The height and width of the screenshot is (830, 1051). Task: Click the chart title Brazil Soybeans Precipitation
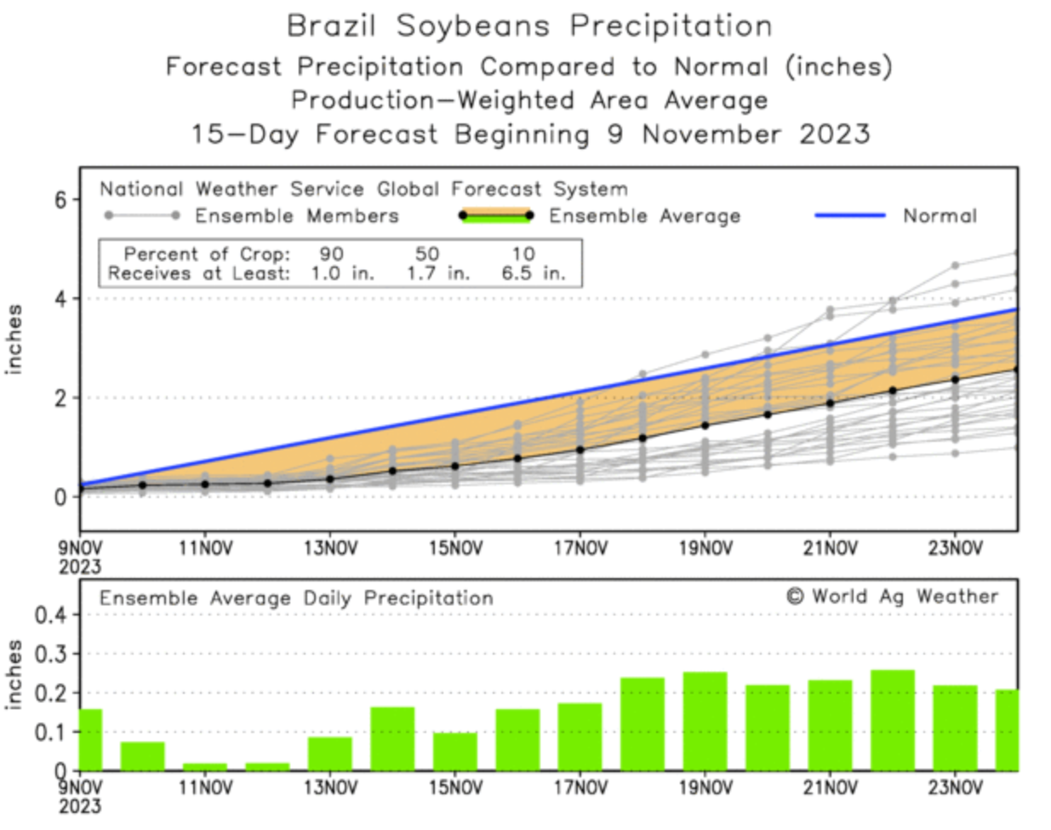pos(528,26)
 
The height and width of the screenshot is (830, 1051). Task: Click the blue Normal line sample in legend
pos(849,215)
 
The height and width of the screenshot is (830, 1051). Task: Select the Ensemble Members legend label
pos(296,216)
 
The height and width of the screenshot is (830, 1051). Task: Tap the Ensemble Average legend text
pos(644,216)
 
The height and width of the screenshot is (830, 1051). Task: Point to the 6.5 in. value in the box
pos(533,274)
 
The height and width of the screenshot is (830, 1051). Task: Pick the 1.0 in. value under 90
pos(342,274)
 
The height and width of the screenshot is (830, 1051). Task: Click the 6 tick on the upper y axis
pos(61,200)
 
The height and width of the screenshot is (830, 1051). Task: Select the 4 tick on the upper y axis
pos(61,299)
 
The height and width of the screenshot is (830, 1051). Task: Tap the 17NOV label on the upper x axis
pos(580,549)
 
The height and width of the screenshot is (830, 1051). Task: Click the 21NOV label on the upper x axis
pos(830,549)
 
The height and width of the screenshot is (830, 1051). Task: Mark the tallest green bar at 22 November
pos(893,720)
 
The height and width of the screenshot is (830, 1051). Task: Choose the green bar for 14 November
pos(392,739)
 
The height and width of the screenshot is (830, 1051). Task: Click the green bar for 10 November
pos(142,756)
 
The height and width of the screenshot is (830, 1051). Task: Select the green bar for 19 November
pos(705,722)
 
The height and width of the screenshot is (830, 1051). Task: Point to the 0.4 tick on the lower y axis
pos(49,615)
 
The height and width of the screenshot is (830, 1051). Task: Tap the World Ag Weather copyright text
pos(891,597)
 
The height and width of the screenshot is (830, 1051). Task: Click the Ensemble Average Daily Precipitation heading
pos(296,598)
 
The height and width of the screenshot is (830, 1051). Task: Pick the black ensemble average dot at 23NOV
pos(955,380)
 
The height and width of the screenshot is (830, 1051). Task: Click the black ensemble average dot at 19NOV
pos(705,426)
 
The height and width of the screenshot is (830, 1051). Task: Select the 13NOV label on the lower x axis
pos(330,788)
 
